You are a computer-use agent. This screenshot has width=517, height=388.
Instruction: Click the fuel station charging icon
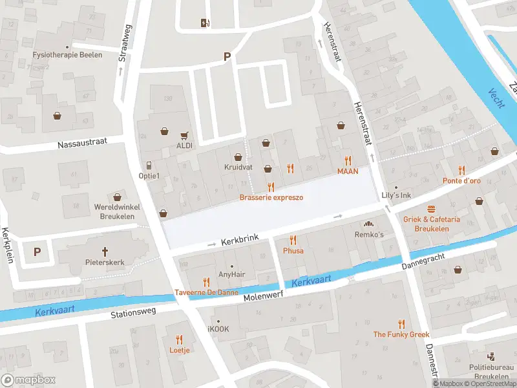[206, 23]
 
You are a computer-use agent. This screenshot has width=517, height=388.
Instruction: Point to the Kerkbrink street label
[240, 239]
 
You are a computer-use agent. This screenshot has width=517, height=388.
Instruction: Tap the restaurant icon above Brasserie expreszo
[271, 186]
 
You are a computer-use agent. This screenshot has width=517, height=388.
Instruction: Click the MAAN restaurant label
[348, 171]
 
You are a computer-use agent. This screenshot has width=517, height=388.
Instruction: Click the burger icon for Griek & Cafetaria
[432, 209]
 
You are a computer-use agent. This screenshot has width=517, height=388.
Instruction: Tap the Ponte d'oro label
[461, 181]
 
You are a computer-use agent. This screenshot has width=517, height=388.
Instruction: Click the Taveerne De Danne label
[206, 293]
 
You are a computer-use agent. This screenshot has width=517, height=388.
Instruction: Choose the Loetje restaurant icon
[180, 339]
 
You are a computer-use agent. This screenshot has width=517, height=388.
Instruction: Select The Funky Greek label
[401, 334]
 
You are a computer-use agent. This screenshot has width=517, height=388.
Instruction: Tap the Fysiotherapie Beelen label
[67, 55]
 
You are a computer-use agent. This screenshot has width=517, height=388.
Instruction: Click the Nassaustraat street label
[81, 144]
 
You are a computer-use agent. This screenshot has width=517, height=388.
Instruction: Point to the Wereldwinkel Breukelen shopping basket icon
[117, 197]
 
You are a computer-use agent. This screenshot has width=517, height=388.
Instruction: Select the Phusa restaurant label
[293, 250]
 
